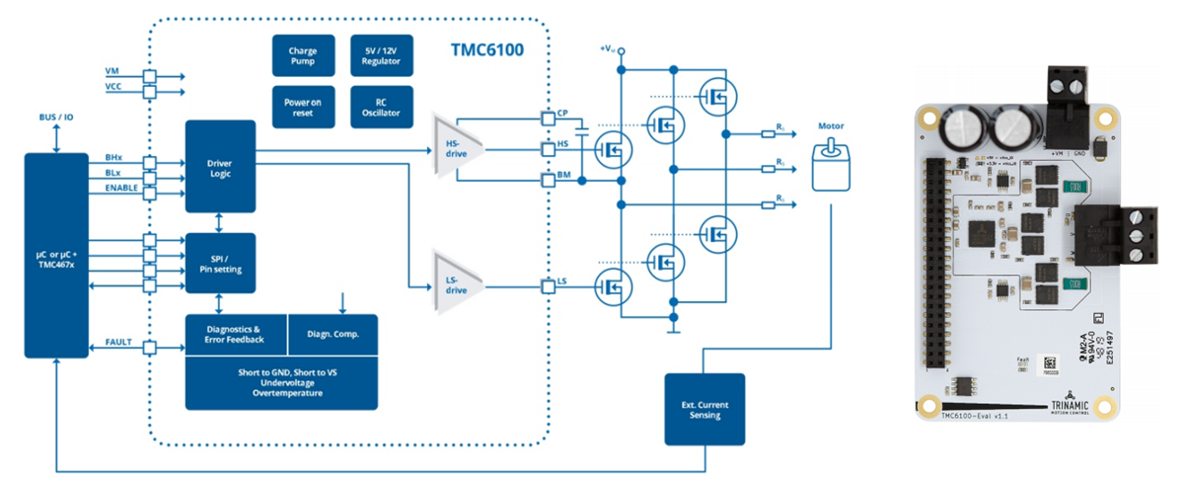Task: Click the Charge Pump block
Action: pos(302,55)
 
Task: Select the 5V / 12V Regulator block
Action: pos(381,55)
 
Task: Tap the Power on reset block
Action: pos(302,107)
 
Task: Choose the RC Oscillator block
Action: pos(381,107)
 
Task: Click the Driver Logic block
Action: pos(220,166)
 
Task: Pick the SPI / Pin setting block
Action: pos(220,262)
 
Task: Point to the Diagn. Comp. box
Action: pos(333,334)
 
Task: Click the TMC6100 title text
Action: pos(486,49)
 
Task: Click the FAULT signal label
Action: pos(119,341)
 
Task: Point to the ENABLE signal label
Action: pos(122,187)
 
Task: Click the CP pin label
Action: pos(562,113)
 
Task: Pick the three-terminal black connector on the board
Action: pos(1120,235)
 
